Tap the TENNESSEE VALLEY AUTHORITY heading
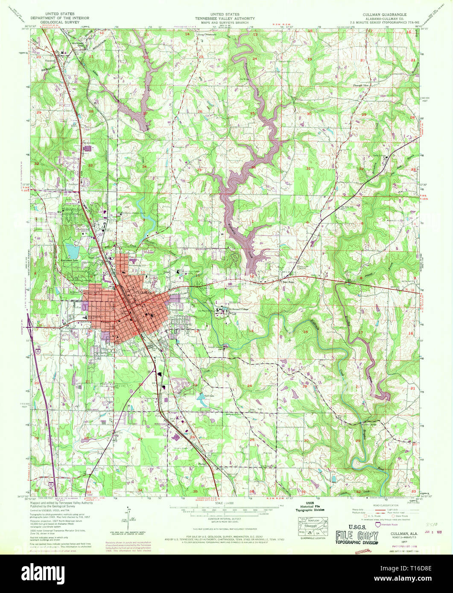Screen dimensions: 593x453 [x=225, y=19]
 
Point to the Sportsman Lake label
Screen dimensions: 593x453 [x=70, y=260]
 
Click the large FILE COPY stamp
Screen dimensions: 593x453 [x=357, y=535]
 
